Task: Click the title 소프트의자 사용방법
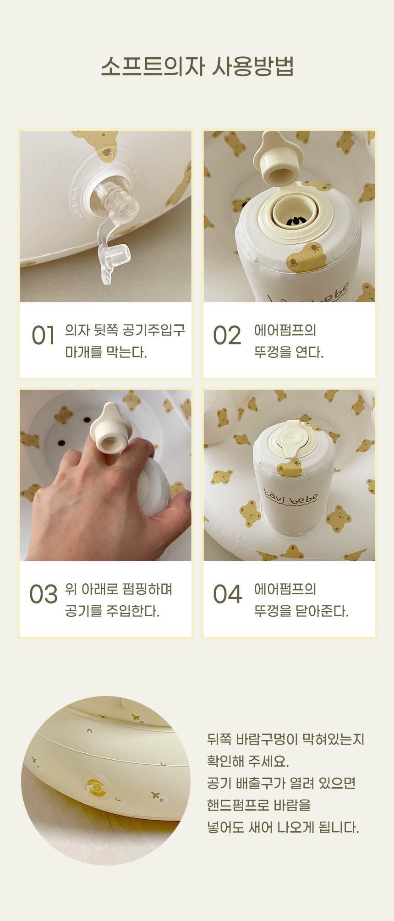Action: coord(197,67)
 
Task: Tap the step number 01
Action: coord(44,335)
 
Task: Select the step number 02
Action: coord(227,335)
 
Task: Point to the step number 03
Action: coord(44,594)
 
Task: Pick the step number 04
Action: coord(227,594)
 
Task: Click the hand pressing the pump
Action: coord(105,499)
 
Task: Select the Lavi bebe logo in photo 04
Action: coord(291,498)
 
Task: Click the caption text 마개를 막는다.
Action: coord(106,352)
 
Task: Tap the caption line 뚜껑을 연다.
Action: coord(289,352)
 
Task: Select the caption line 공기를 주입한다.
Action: coord(112,611)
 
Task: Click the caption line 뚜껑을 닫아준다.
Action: coord(301,611)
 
